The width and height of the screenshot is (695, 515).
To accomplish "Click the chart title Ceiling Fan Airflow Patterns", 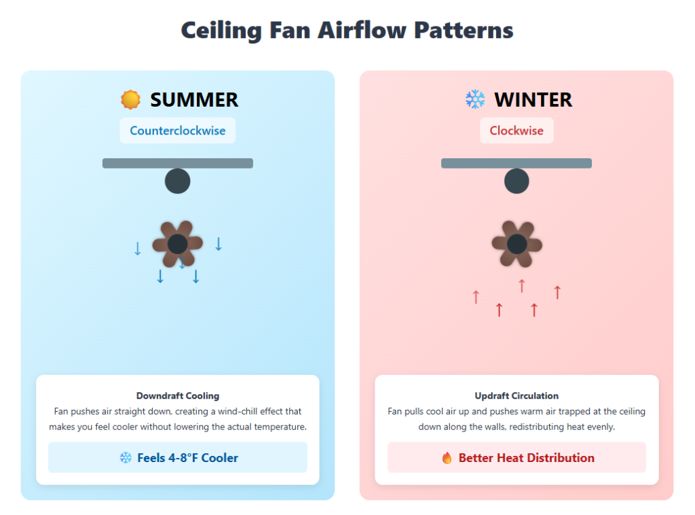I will (347, 31).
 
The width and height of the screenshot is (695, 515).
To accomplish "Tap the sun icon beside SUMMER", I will (130, 100).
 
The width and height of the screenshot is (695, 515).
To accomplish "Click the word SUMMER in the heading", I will (194, 100).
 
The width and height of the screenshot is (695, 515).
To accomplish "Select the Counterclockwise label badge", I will (178, 130).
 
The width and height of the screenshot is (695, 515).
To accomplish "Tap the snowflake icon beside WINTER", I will (475, 100).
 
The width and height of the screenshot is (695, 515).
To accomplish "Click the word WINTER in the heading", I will (533, 100).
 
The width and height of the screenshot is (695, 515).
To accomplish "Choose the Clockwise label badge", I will (516, 130).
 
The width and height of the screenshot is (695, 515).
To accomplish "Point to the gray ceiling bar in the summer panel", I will (178, 163).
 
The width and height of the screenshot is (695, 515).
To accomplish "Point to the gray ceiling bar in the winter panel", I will (516, 163).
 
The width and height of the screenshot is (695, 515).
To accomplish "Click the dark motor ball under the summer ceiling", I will (178, 181).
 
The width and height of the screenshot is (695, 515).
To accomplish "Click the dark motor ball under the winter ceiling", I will (516, 181).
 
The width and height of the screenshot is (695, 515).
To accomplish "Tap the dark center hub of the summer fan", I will (178, 244).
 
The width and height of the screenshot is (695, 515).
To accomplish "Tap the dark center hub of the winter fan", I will (516, 244).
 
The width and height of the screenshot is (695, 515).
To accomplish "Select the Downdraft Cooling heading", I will (178, 395).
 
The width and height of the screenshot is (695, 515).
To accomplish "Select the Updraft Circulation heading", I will (516, 395).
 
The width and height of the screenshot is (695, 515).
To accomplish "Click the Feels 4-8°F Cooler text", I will (187, 458).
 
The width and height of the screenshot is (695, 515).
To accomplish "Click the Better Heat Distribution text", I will (526, 458).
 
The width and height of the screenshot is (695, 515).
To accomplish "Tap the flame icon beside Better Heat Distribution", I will (447, 458).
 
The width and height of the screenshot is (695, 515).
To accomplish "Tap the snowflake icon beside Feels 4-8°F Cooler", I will (126, 458).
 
